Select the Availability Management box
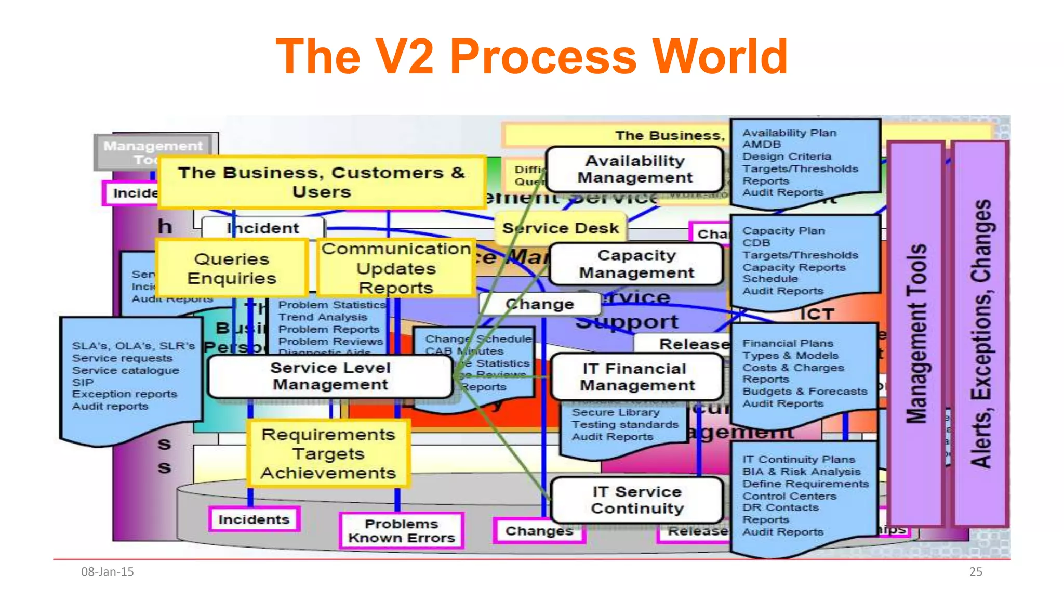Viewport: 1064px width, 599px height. point(634,170)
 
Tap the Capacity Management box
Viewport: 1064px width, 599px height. point(636,264)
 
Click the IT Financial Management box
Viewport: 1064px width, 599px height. point(637,377)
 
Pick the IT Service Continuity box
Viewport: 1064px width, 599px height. point(637,500)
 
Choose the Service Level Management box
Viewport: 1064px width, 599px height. point(330,376)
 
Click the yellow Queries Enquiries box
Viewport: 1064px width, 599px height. point(232,268)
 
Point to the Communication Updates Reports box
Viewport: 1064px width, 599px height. point(396,268)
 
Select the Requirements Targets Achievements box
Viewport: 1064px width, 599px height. point(328,453)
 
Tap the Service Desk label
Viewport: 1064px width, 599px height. point(561,228)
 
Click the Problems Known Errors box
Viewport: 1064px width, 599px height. point(401,531)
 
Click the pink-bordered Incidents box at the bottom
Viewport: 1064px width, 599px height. point(254,519)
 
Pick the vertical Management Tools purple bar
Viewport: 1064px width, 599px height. point(916,333)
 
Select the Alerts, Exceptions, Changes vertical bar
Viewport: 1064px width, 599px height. point(981,333)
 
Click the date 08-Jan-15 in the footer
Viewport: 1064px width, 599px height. point(107,572)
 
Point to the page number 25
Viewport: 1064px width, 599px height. point(976,572)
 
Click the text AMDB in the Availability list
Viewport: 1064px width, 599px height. point(761,145)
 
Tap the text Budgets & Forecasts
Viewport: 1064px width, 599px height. point(804,392)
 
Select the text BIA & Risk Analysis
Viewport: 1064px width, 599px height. point(801,472)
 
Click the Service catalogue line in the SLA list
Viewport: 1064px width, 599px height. point(125,370)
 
